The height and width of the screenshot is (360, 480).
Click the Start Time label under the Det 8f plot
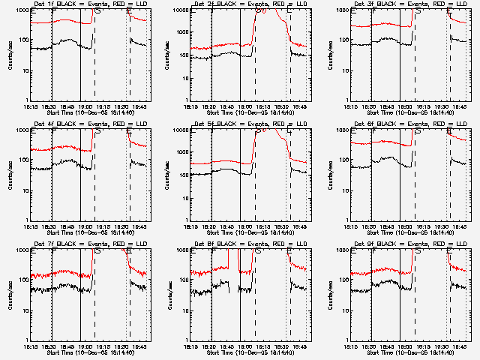[x=250, y=352]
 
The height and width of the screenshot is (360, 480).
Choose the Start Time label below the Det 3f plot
[x=409, y=112]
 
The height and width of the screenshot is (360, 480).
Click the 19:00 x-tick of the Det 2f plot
[x=244, y=106]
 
